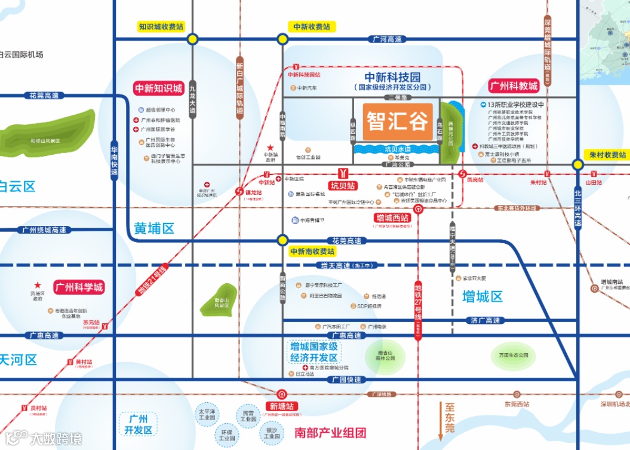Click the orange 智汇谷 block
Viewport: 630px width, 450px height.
tap(397, 123)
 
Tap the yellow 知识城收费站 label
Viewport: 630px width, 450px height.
tap(161, 27)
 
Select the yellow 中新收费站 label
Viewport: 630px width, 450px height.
tap(312, 27)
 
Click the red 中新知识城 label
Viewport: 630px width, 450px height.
tap(159, 88)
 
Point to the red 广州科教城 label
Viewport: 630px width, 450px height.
tap(514, 86)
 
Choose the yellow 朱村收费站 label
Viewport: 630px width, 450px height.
tap(606, 154)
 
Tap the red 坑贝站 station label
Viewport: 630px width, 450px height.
tap(343, 186)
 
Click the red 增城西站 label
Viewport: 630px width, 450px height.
tap(392, 218)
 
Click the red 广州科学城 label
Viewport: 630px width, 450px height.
tap(79, 287)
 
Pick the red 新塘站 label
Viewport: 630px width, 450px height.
tap(283, 406)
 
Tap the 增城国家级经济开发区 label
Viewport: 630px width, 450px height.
tap(314, 352)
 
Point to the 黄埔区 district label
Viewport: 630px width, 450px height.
tap(153, 228)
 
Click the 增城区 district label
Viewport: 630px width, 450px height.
tap(483, 296)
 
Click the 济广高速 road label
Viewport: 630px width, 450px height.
tap(484, 321)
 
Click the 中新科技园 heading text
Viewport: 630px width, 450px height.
tap(393, 78)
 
